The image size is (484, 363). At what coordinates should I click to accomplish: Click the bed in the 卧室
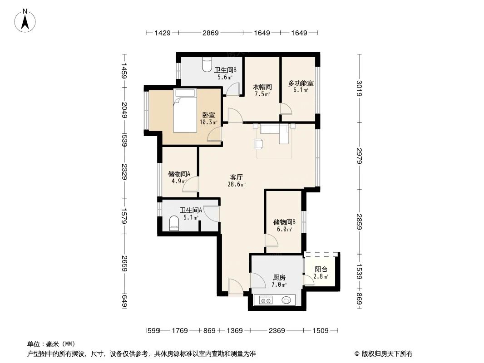pyautogui.click(x=185, y=111)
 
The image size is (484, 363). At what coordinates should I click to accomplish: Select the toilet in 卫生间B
pyautogui.click(x=207, y=65)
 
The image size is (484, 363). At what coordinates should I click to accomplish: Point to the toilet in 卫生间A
pyautogui.click(x=173, y=223)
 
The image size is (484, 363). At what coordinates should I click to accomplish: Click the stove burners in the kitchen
pyautogui.click(x=265, y=300)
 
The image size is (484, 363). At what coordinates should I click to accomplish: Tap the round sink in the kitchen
pyautogui.click(x=286, y=300)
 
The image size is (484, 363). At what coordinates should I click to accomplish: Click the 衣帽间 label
pyautogui.click(x=262, y=87)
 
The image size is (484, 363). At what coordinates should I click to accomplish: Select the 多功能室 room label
pyautogui.click(x=301, y=83)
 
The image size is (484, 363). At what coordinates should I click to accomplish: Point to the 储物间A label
pyautogui.click(x=179, y=174)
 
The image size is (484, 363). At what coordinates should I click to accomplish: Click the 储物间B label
pyautogui.click(x=284, y=222)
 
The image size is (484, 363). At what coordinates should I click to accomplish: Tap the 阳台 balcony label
pyautogui.click(x=321, y=269)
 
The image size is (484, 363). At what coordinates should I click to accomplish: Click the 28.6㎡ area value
pyautogui.click(x=237, y=185)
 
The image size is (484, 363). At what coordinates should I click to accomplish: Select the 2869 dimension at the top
pyautogui.click(x=210, y=33)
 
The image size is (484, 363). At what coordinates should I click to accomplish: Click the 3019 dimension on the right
pyautogui.click(x=359, y=88)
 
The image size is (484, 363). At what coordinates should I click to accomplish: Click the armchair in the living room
pyautogui.click(x=259, y=143)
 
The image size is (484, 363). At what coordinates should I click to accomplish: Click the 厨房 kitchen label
pyautogui.click(x=279, y=278)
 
